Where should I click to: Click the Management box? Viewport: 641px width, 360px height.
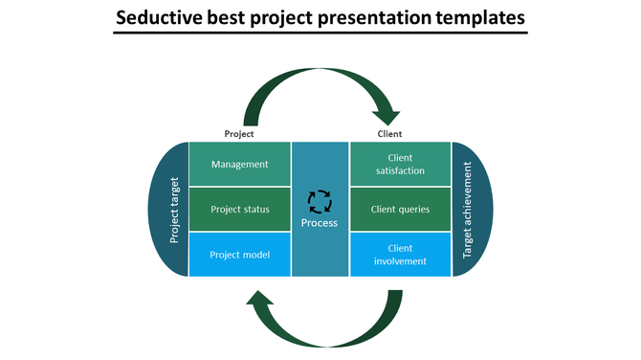tap(240, 164)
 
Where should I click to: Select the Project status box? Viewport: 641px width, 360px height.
tap(240, 210)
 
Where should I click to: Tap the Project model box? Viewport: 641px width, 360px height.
tap(240, 255)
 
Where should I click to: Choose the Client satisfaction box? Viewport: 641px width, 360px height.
tap(400, 164)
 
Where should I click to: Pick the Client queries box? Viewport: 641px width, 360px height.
tap(400, 210)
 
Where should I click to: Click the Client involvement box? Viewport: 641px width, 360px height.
tap(400, 255)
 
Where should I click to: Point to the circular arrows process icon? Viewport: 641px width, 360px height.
tap(320, 201)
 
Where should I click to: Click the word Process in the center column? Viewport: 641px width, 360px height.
tap(320, 223)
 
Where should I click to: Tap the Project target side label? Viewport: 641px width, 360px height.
tap(174, 209)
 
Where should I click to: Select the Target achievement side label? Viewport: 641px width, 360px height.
tap(468, 209)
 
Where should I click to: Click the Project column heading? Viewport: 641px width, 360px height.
tap(239, 134)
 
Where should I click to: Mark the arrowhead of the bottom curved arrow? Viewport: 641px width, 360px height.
tap(258, 303)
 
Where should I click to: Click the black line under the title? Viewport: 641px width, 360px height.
tap(320, 34)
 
